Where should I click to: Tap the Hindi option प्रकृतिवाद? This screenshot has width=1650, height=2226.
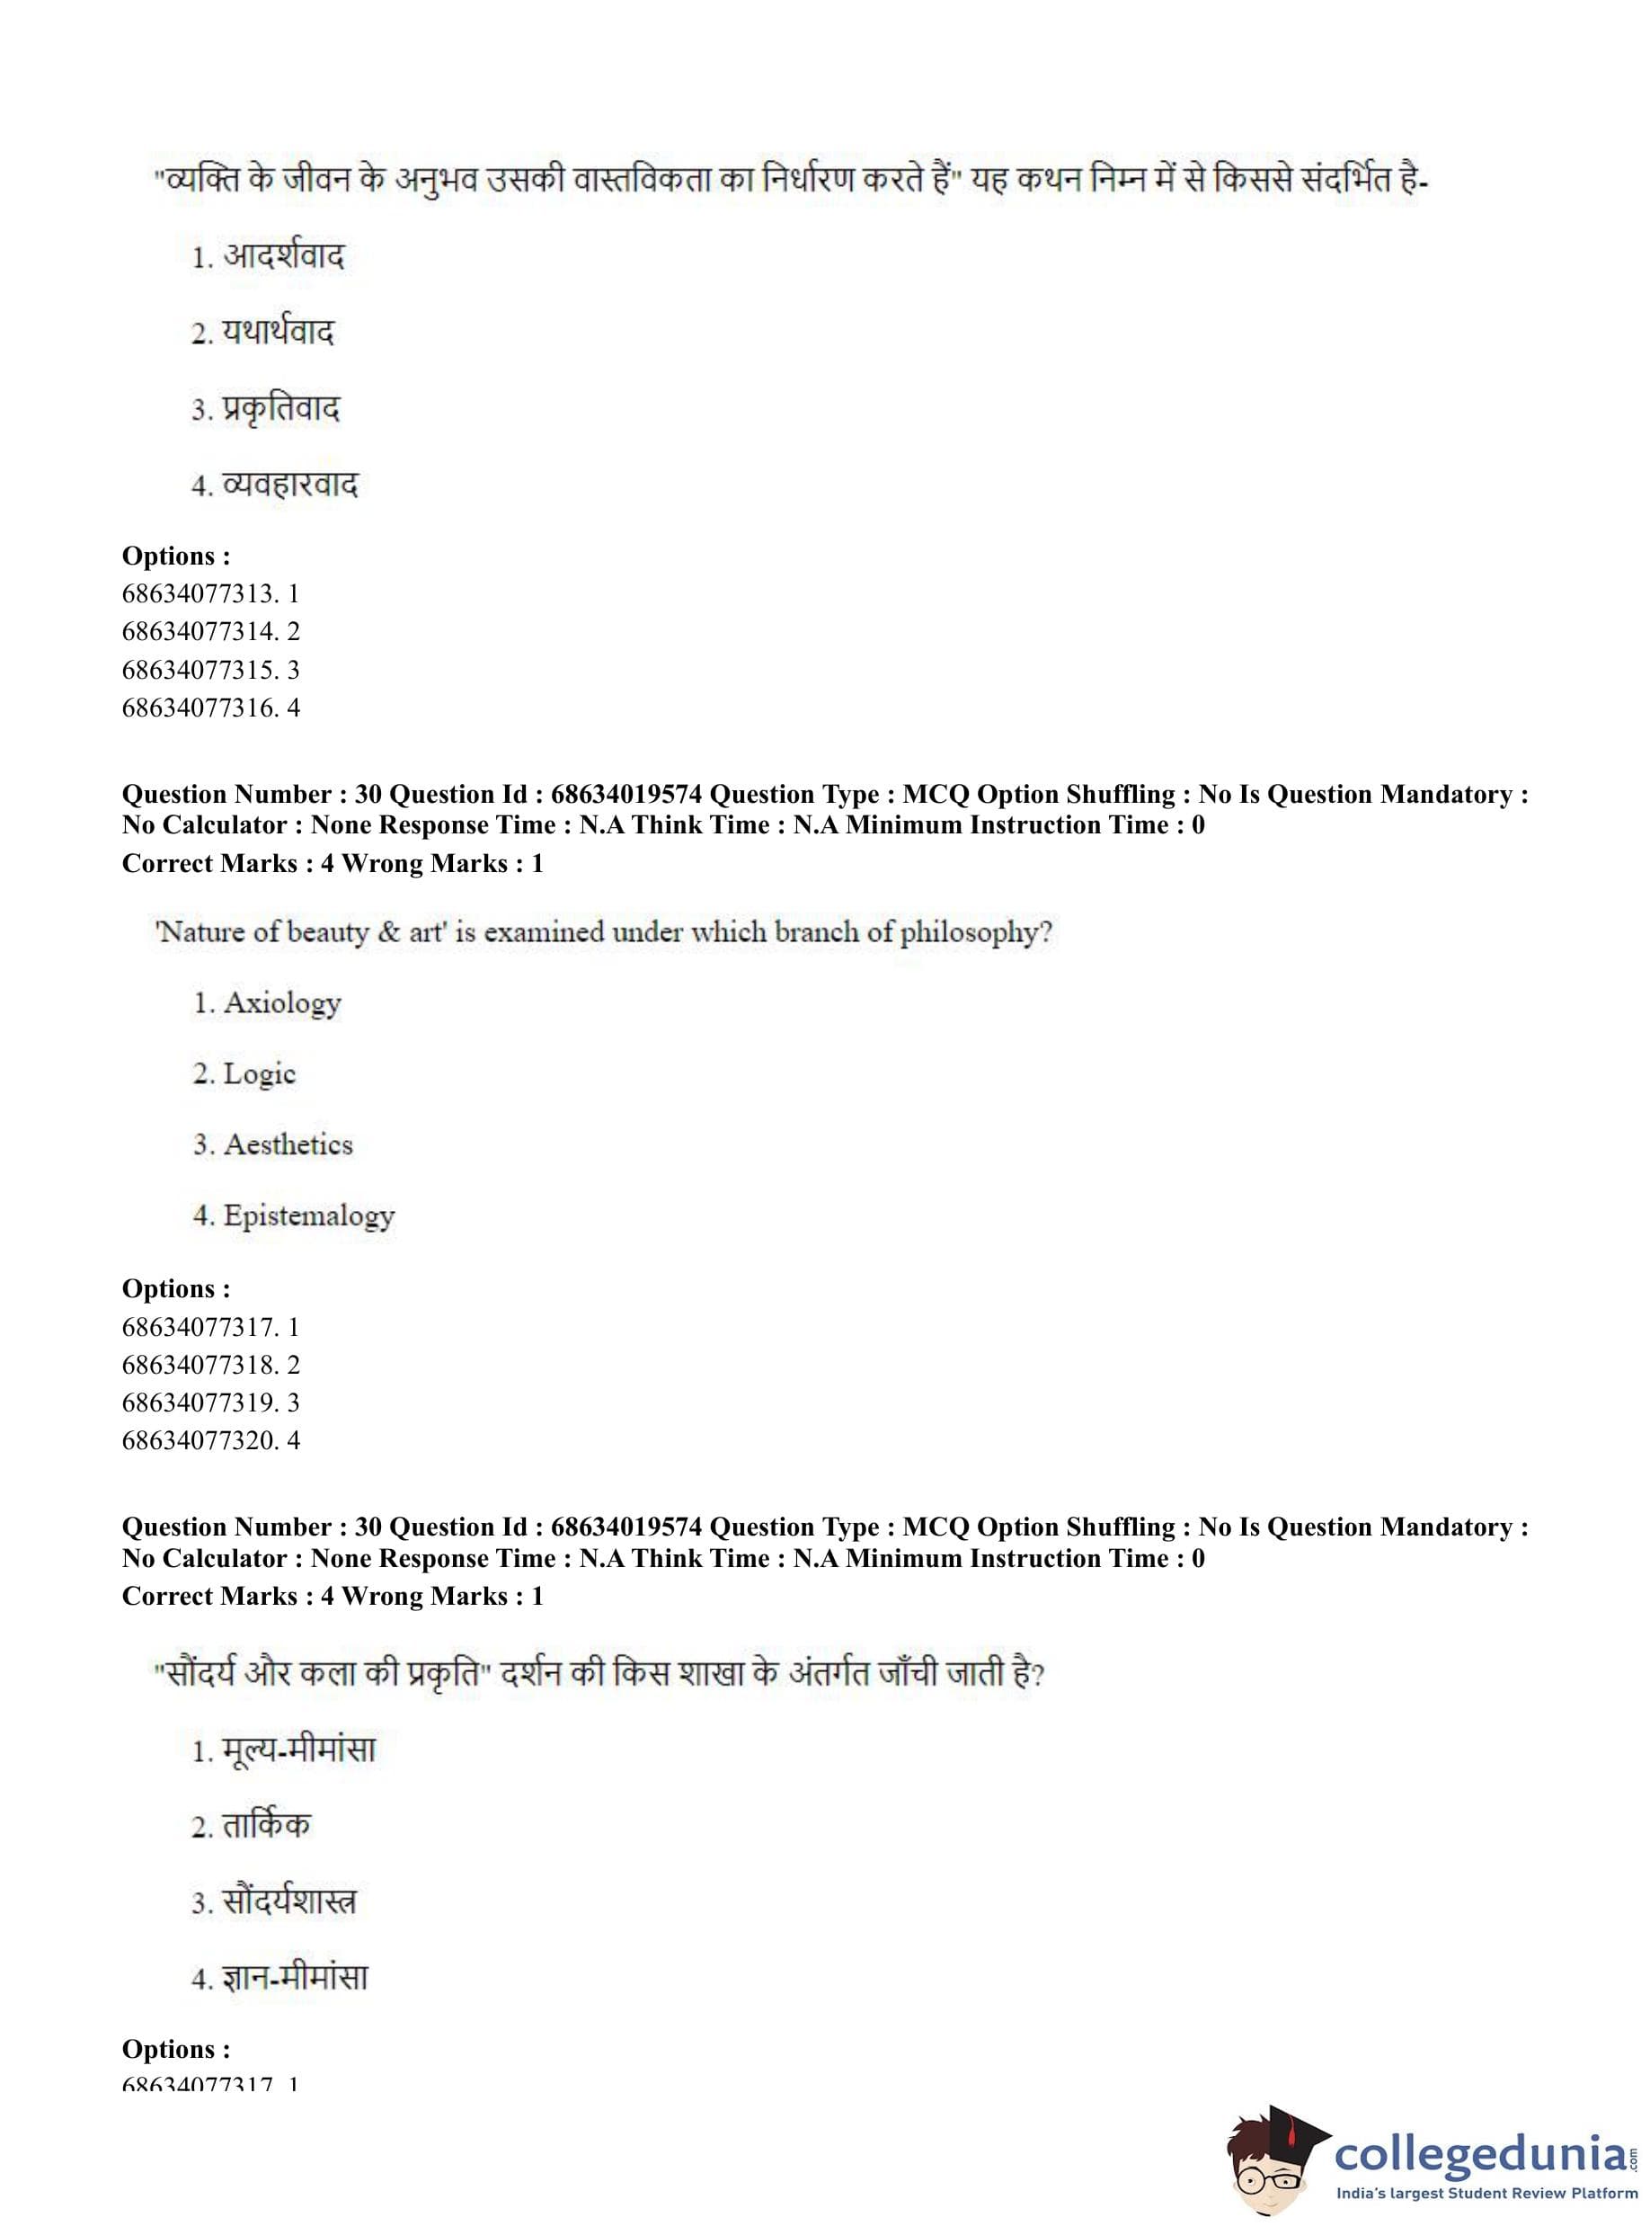coord(280,409)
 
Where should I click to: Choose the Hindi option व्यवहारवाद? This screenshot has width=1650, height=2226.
coord(289,485)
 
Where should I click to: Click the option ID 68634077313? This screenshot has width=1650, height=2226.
coord(199,593)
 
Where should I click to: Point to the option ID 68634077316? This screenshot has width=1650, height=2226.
coord(199,708)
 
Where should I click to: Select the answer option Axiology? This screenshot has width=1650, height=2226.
coord(281,1002)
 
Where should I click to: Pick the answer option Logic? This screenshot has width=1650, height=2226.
coord(260,1074)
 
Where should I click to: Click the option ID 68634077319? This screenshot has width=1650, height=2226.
coord(199,1402)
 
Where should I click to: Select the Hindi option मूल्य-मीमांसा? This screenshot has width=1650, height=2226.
coord(298,1750)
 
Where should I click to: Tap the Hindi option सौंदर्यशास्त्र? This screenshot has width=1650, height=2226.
coord(288,1901)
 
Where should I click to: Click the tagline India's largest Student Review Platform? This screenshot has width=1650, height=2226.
coord(1486,2193)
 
